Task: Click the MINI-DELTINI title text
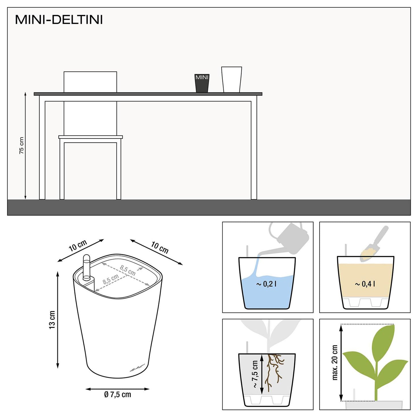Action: tap(59, 20)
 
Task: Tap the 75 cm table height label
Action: tap(21, 146)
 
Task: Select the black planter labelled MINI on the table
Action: tap(202, 83)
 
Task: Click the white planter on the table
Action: tap(231, 80)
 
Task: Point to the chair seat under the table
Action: tap(91, 137)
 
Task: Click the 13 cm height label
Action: tap(52, 320)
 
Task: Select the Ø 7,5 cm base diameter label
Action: tap(117, 395)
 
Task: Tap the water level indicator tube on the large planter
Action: tap(87, 267)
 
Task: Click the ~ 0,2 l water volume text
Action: tap(266, 284)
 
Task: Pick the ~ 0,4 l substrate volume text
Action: tap(365, 284)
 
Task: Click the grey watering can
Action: tap(291, 236)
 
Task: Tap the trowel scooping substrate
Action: tap(375, 244)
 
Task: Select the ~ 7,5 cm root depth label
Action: tap(255, 374)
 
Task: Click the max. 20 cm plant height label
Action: tap(335, 362)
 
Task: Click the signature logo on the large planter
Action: tap(137, 368)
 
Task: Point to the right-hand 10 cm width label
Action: tap(159, 248)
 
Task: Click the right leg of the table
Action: tap(254, 149)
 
